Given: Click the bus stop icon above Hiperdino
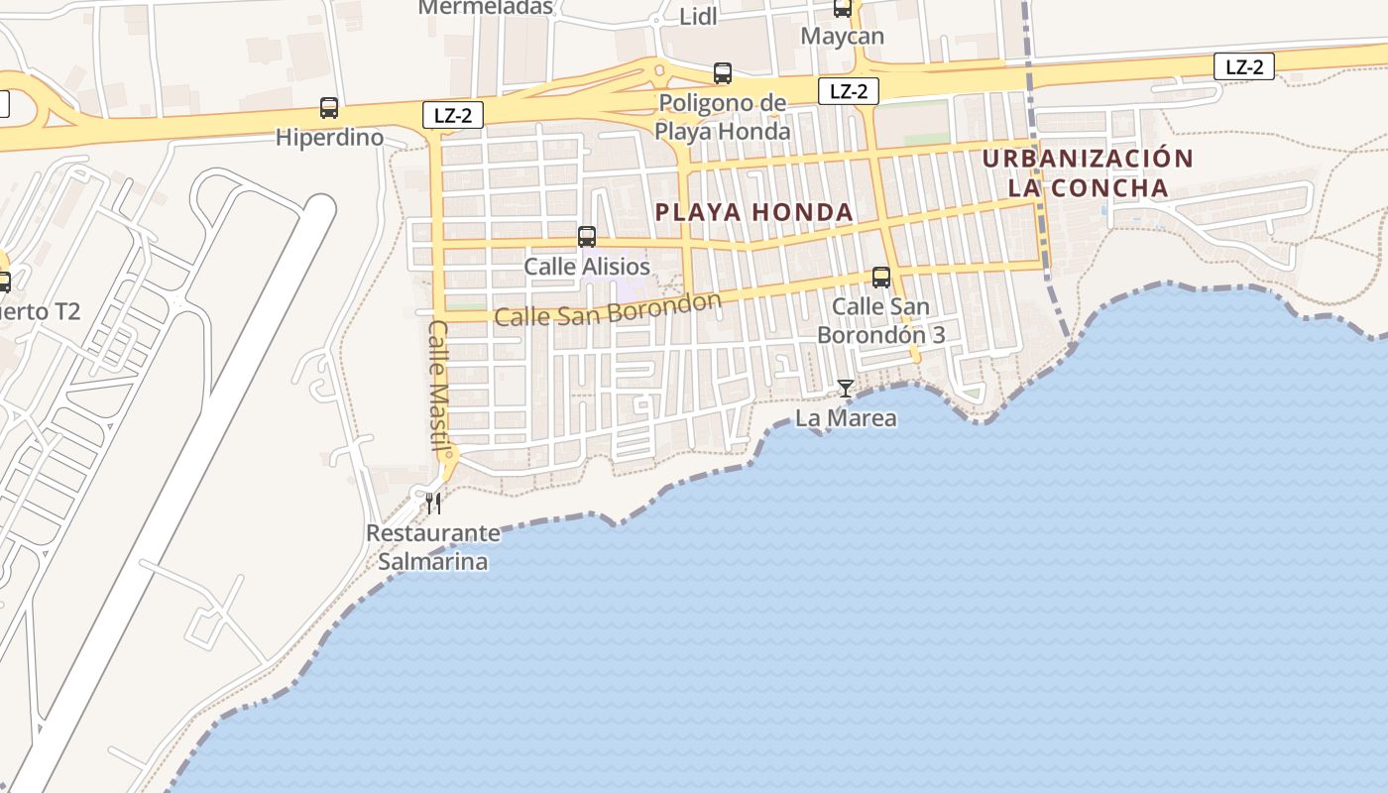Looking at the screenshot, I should coord(329,108).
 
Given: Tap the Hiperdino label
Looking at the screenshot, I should coord(329,137).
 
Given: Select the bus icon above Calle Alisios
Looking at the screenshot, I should coord(587,237).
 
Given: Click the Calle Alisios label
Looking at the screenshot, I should coord(587,267).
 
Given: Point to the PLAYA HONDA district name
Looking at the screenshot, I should coord(754,212).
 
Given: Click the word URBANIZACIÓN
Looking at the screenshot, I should coord(1088,159).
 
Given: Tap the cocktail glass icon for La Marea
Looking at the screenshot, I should coord(846,389).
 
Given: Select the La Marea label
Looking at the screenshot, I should coord(846,418).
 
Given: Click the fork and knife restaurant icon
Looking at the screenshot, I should coord(433,504).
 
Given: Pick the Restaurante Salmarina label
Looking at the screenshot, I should coord(433,547).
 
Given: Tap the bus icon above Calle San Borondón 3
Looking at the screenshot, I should coord(881,278).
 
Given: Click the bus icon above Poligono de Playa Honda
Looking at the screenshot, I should coord(723,73).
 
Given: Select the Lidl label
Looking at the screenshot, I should coord(699,17).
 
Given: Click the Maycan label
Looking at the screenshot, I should coord(842,37).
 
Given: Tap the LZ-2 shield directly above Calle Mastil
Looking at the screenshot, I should coord(453,115).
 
